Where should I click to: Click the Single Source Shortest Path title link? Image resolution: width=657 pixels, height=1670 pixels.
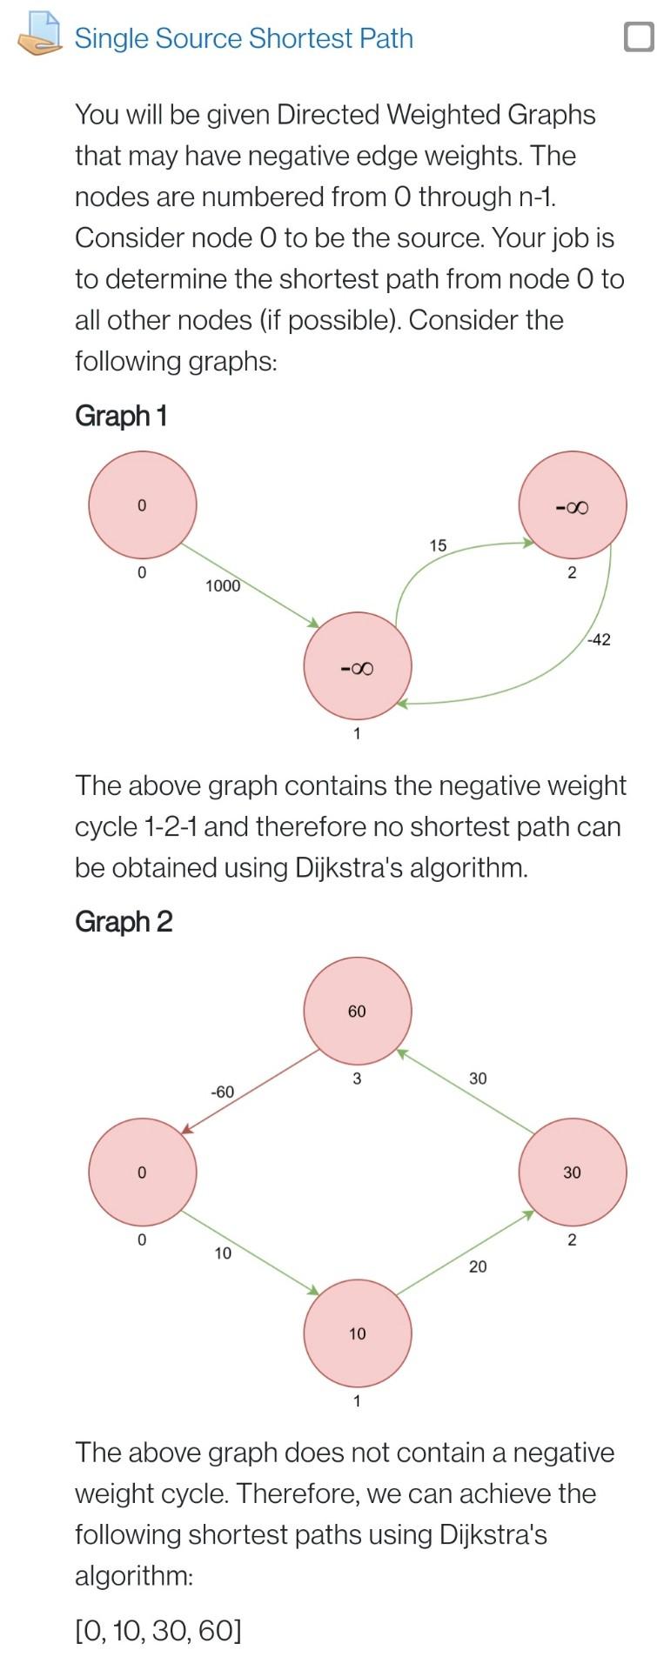pos(244,38)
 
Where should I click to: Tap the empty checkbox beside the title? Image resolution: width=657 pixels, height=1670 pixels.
pos(639,37)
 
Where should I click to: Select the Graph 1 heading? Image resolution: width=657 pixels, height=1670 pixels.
pos(120,416)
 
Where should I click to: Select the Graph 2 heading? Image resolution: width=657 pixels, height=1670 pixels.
pos(124,921)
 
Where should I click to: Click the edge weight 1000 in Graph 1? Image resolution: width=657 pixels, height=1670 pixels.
pos(223,586)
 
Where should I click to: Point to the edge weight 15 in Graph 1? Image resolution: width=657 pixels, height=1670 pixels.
pos(438,545)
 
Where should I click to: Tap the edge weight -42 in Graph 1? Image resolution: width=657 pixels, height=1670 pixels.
pos(599,640)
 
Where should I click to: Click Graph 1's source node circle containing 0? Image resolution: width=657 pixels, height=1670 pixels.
pos(143,504)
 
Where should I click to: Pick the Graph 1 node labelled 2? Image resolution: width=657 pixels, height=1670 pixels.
pos(573,505)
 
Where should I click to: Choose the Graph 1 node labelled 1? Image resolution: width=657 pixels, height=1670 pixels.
pos(358,667)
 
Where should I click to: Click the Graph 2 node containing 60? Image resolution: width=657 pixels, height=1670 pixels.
pos(358,1012)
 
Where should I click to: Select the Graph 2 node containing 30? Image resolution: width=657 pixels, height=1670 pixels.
pos(573,1172)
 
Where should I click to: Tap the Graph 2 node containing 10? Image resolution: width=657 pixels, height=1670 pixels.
pos(358,1333)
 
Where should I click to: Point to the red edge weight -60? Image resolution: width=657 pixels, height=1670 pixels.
pos(223,1092)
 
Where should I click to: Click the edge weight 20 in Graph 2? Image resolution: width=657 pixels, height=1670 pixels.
pos(478,1266)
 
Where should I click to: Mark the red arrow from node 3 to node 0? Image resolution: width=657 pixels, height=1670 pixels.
pos(251,1091)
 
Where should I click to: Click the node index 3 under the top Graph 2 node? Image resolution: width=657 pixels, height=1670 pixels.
pos(358,1079)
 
